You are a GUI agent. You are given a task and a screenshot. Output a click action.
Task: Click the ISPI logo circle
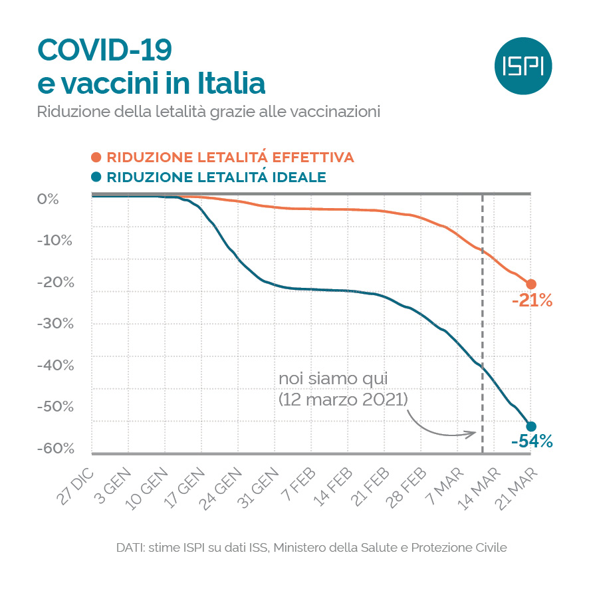pos(524,66)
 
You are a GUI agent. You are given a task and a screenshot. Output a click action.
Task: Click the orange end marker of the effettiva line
pos(531,284)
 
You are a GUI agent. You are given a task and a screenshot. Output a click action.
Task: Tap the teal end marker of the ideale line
pos(531,426)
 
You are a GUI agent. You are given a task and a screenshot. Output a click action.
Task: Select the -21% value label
pos(532,301)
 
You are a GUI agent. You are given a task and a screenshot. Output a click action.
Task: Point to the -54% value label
pos(532,441)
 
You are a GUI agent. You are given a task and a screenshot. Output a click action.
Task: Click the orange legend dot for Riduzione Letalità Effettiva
pos(96,158)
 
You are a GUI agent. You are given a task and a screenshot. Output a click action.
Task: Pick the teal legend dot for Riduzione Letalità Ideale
pos(96,177)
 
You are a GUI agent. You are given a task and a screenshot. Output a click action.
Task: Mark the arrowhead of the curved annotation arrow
pos(473,433)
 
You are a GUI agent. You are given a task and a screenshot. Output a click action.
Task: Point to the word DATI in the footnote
pos(130,548)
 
